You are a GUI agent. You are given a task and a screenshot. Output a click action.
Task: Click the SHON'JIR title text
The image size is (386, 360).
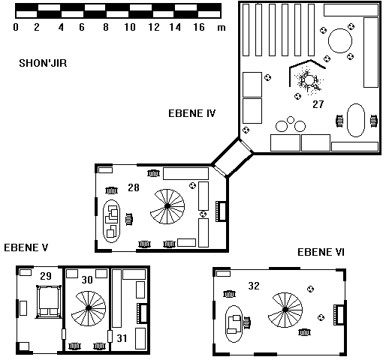(43, 63)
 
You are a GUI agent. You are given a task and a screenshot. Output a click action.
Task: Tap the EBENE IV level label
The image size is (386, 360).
(191, 113)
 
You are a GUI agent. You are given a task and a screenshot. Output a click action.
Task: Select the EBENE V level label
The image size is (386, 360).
(26, 247)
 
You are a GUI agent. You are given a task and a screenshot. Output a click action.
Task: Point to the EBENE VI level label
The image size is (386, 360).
(321, 252)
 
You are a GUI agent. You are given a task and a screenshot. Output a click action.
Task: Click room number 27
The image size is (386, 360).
(318, 104)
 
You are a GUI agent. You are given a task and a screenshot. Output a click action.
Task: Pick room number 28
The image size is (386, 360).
(134, 187)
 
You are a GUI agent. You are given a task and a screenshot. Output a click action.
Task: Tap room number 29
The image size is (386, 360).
(46, 276)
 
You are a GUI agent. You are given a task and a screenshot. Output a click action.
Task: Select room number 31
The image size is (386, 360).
(122, 338)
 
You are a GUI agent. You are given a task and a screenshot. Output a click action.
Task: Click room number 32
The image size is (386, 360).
(254, 286)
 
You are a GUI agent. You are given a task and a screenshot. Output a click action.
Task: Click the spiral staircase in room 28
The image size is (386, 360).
(167, 206)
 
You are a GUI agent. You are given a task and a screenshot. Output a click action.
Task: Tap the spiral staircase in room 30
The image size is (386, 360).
(89, 308)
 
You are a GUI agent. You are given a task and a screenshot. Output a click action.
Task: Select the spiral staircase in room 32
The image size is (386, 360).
(285, 310)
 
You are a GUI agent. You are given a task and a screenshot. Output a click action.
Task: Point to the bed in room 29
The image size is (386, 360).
(49, 301)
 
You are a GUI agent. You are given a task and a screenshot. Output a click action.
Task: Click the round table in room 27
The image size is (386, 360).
(340, 40)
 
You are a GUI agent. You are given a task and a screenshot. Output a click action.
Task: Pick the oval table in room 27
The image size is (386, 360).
(356, 120)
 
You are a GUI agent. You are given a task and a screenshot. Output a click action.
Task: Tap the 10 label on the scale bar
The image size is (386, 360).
(130, 27)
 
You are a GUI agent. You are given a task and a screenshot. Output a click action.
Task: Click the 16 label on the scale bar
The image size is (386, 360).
(199, 27)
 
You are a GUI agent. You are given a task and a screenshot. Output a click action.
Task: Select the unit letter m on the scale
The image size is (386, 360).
(222, 28)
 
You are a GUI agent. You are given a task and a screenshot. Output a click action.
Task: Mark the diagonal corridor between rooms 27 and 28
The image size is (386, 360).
(232, 157)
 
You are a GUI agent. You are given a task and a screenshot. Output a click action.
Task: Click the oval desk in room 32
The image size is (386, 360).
(234, 324)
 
